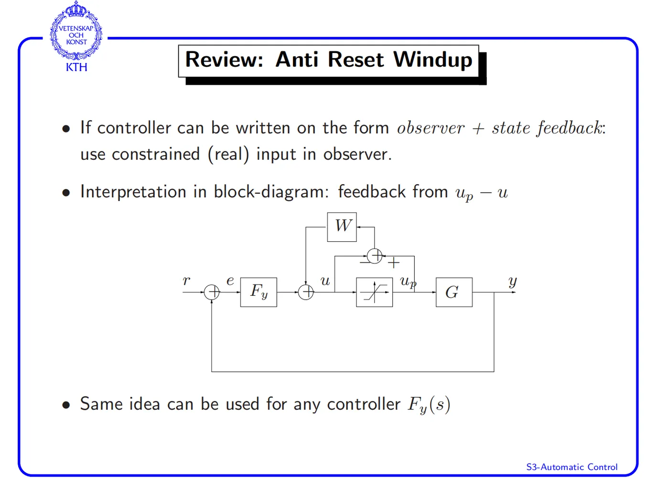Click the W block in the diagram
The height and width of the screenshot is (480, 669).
342,227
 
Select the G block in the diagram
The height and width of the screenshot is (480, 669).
453,292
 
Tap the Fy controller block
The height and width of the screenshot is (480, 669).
259,292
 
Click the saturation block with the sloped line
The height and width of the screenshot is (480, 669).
374,292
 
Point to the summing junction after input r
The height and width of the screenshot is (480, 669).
212,292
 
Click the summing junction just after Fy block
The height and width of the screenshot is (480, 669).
306,292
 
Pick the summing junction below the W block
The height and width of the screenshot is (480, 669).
375,256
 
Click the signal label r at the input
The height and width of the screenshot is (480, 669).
186,281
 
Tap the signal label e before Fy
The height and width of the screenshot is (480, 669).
230,281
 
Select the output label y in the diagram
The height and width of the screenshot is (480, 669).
512,281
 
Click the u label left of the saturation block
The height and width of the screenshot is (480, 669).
325,281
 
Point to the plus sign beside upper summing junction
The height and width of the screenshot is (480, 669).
393,263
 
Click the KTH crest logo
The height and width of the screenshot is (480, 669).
76,36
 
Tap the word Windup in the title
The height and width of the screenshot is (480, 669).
432,60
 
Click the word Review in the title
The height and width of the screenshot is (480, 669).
224,60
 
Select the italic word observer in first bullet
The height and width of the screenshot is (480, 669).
431,128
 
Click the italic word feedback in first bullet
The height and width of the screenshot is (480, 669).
570,128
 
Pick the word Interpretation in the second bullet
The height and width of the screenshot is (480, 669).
133,192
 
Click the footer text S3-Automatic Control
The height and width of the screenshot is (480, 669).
572,467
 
